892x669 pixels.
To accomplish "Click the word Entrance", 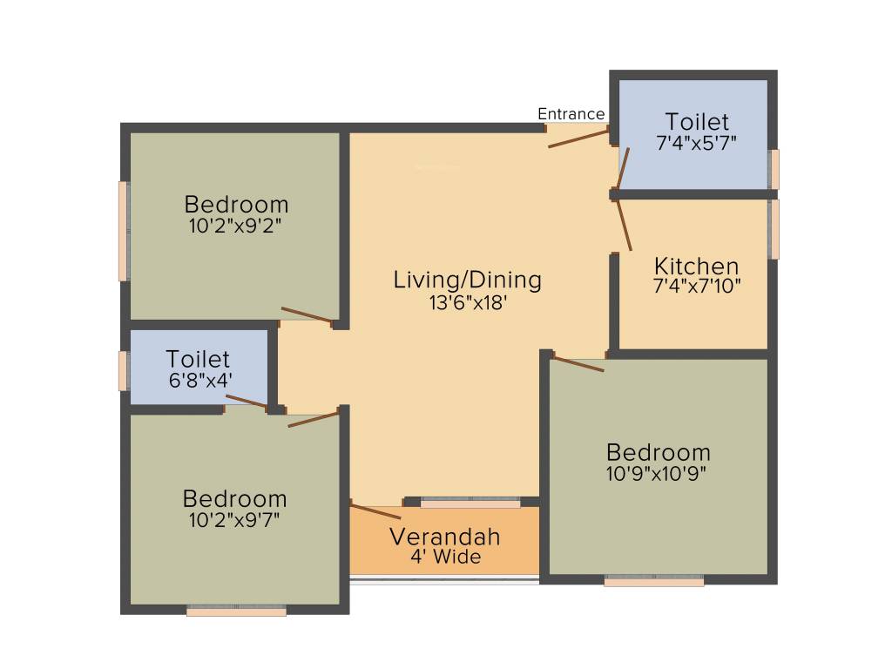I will tap(571, 114).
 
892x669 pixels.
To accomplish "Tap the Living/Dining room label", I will tap(468, 280).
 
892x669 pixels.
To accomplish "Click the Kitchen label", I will tap(697, 266).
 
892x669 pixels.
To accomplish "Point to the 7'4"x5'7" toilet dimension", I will tap(697, 144).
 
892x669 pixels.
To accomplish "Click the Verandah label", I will tap(445, 536).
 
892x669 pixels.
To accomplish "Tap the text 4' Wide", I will tap(445, 557).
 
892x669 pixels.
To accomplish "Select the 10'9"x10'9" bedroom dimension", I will tap(658, 474).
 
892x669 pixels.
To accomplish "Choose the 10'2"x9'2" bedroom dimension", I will tap(236, 226).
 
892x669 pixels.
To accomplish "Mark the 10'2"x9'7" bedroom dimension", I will tap(235, 520).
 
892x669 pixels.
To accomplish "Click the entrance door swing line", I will tap(578, 137).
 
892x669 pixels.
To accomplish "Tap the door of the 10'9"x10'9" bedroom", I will tap(578, 363).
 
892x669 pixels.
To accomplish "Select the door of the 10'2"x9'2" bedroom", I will tap(307, 315).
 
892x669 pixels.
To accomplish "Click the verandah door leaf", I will tap(375, 510).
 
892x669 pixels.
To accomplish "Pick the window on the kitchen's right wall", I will tap(774, 229).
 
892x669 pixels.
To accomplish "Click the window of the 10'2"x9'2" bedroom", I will tap(124, 231).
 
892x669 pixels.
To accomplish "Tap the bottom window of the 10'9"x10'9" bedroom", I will tap(653, 581).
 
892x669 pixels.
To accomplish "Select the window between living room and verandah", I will tap(470, 503).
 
